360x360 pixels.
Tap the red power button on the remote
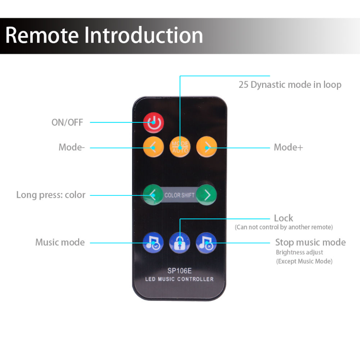pyautogui.click(x=154, y=122)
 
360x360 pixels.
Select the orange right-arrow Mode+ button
pyautogui.click(x=207, y=146)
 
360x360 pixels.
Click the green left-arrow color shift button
pyautogui.click(x=153, y=195)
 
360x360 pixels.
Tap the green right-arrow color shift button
pyautogui.click(x=207, y=195)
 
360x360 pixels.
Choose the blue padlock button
pyautogui.click(x=180, y=242)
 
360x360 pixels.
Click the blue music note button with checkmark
pyautogui.click(x=153, y=242)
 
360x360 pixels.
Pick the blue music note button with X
pyautogui.click(x=207, y=242)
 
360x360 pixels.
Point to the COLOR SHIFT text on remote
pyautogui.click(x=180, y=195)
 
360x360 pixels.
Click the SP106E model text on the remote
pyautogui.click(x=180, y=270)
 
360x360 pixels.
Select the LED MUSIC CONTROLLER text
pyautogui.click(x=180, y=279)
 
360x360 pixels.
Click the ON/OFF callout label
pyautogui.click(x=67, y=122)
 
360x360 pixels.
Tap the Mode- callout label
pyautogui.click(x=72, y=147)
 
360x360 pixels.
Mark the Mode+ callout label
pyautogui.click(x=288, y=147)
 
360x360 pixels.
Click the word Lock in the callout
pyautogui.click(x=283, y=218)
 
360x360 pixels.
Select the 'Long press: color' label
pyautogui.click(x=51, y=195)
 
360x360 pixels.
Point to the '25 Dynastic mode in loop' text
pyautogui.click(x=290, y=85)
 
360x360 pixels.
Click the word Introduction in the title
pyautogui.click(x=144, y=36)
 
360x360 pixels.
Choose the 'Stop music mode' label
pyautogui.click(x=310, y=242)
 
